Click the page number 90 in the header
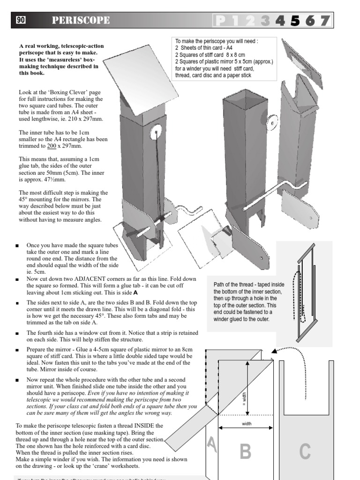pyautogui.click(x=21, y=20)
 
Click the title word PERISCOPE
pyautogui.click(x=81, y=20)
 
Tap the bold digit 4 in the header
pyautogui.click(x=280, y=21)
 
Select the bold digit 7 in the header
pyautogui.click(x=324, y=21)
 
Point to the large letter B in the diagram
pyautogui.click(x=245, y=451)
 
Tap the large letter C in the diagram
pyautogui.click(x=305, y=451)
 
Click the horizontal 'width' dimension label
pyautogui.click(x=247, y=423)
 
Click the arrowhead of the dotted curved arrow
pyautogui.click(x=273, y=350)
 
